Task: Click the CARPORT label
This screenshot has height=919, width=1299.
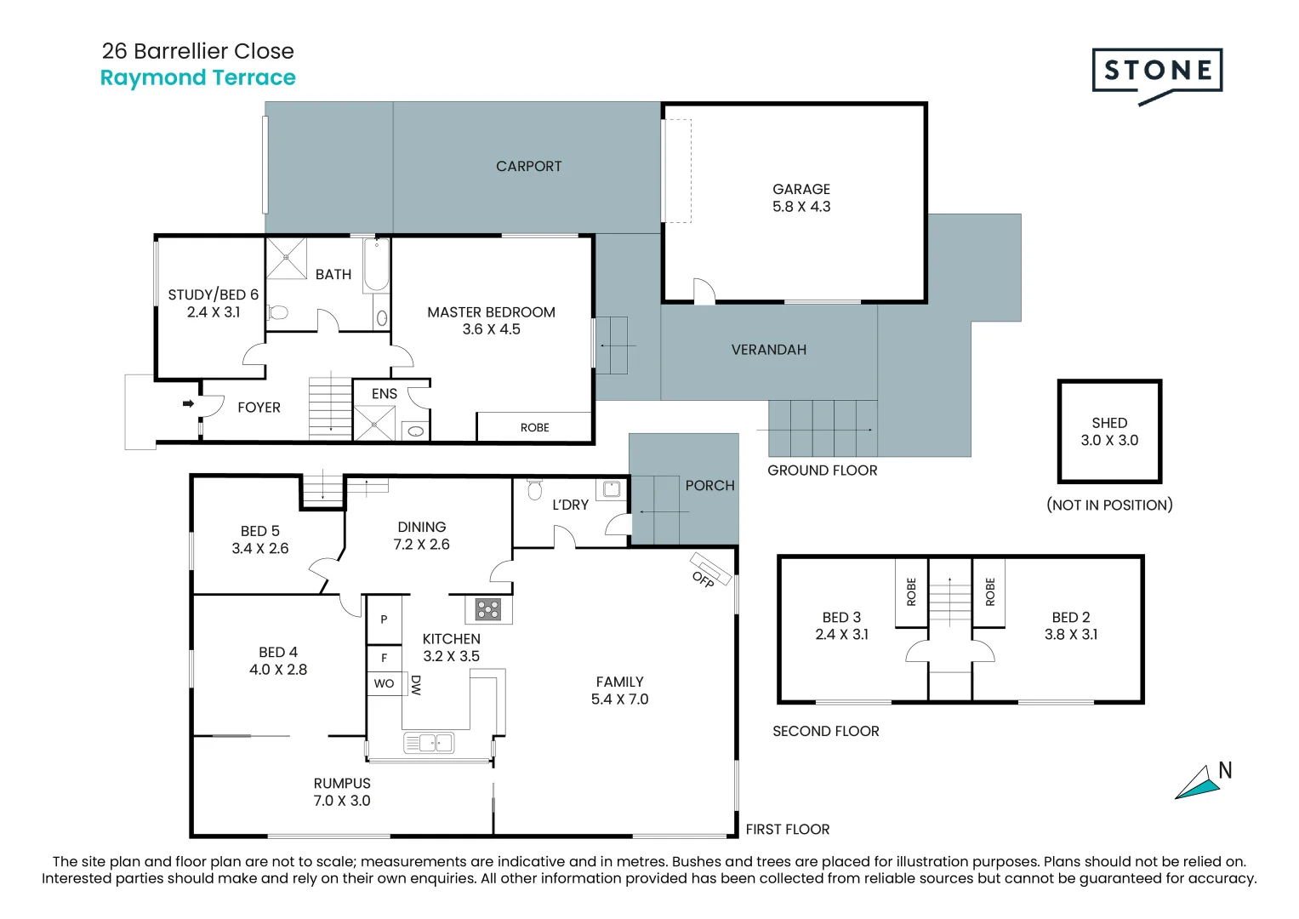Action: (528, 167)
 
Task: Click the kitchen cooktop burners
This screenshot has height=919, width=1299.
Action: (487, 609)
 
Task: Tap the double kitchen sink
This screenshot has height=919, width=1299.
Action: (429, 743)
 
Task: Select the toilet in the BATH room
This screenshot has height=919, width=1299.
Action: (278, 313)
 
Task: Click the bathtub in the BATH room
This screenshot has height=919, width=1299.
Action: (376, 265)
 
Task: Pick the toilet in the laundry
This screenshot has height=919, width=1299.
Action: (534, 488)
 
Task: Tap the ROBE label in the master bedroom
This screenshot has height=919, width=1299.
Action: (534, 427)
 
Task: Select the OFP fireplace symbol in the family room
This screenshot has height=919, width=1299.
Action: (709, 568)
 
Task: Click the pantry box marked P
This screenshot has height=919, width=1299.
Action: (384, 619)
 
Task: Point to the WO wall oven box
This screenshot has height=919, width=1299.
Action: (384, 683)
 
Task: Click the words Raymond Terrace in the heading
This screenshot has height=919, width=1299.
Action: (197, 78)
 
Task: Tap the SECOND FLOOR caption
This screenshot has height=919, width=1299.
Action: (826, 731)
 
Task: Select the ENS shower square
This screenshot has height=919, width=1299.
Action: (374, 423)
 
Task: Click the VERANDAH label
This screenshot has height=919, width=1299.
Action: (768, 350)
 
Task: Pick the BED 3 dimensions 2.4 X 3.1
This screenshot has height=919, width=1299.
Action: (841, 634)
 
